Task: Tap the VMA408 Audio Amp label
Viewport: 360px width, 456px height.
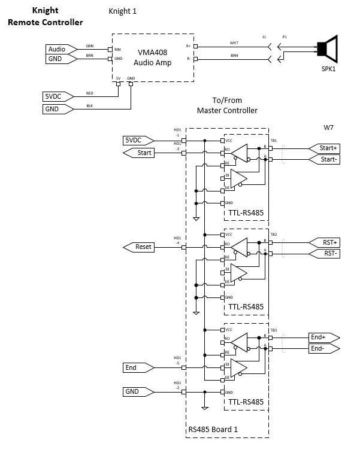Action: (153, 57)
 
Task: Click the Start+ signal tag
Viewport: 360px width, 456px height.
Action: (324, 148)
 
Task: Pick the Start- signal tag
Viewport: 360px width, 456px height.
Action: (324, 160)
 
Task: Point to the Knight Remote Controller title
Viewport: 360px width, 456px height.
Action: (45, 17)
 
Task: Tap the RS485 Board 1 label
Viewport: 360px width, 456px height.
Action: (213, 428)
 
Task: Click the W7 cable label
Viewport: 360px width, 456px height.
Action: (329, 127)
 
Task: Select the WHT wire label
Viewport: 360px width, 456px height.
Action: (234, 42)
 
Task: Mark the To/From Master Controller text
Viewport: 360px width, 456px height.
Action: (227, 105)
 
